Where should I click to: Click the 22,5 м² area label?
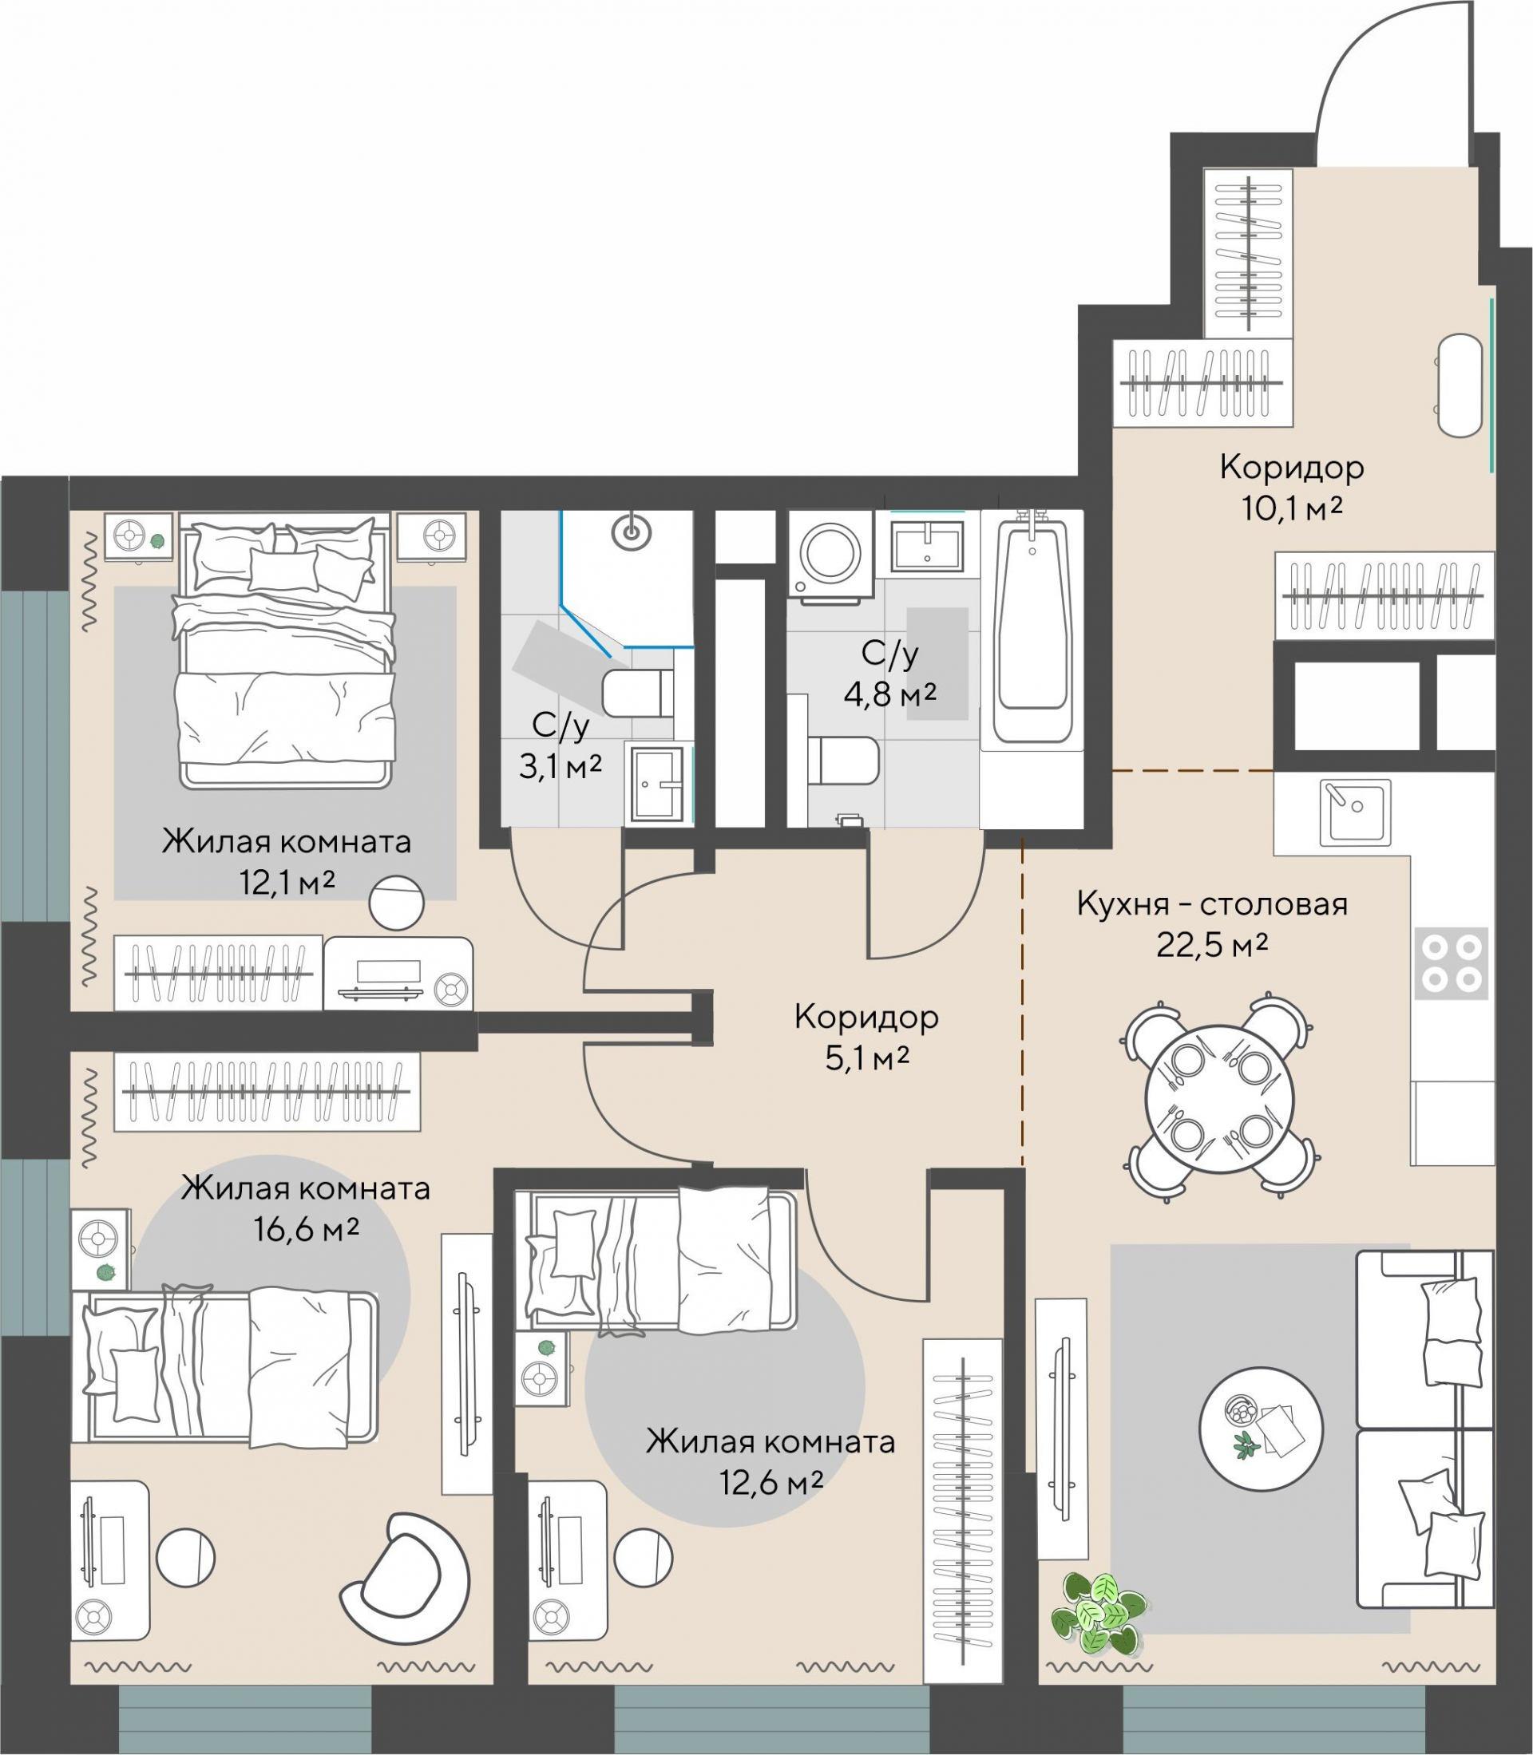pos(1212,945)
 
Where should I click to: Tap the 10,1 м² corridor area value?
pos(1292,509)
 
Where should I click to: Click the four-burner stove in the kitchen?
pos(1452,963)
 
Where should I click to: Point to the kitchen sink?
pos(1355,812)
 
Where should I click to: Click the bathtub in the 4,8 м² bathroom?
pos(1032,628)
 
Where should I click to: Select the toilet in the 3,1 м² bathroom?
pos(637,693)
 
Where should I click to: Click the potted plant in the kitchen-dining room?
pos(1099,1611)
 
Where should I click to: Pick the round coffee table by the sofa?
pos(1261,1429)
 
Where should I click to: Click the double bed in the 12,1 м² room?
pos(286,650)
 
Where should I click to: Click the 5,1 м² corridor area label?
pos(866,1059)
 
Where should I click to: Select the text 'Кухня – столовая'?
pos(1212,904)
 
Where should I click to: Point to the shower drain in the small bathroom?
pos(632,532)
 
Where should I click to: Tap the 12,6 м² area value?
pos(770,1482)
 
